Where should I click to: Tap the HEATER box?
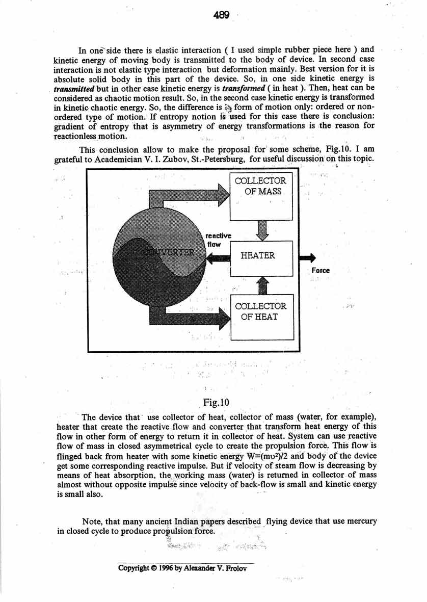pos(261,256)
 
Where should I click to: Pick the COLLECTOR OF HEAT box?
pos(261,311)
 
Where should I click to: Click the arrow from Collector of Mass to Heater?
pos(261,231)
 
